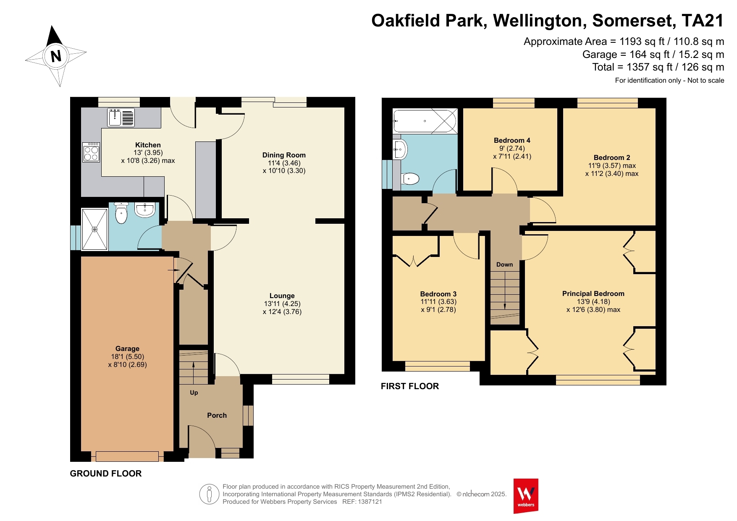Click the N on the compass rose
click(56, 55)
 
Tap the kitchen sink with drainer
click(121, 117)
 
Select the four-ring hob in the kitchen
click(91, 152)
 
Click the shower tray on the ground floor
click(95, 229)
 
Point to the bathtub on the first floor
click(425, 121)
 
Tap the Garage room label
click(127, 348)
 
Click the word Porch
click(217, 415)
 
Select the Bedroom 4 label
click(512, 140)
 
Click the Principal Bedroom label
click(593, 293)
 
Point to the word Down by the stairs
click(504, 264)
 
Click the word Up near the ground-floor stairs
click(194, 393)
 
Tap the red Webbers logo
click(526, 496)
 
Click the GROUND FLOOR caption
click(106, 474)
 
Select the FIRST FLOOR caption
click(410, 386)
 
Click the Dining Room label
click(284, 155)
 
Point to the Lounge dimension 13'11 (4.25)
click(282, 304)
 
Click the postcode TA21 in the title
click(703, 21)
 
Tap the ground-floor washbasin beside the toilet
click(145, 210)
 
